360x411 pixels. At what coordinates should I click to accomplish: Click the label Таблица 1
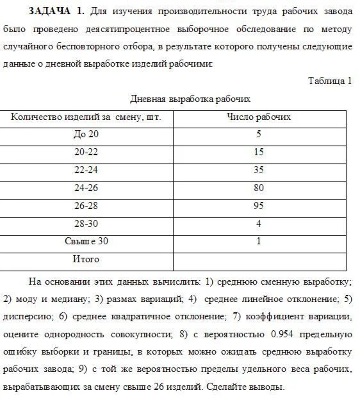tap(330, 81)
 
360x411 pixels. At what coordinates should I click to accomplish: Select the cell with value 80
tap(259, 189)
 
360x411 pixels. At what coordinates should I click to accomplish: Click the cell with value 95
tap(259, 206)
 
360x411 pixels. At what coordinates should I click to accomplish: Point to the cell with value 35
tap(259, 171)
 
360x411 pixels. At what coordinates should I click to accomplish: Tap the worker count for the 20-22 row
tap(259, 153)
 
